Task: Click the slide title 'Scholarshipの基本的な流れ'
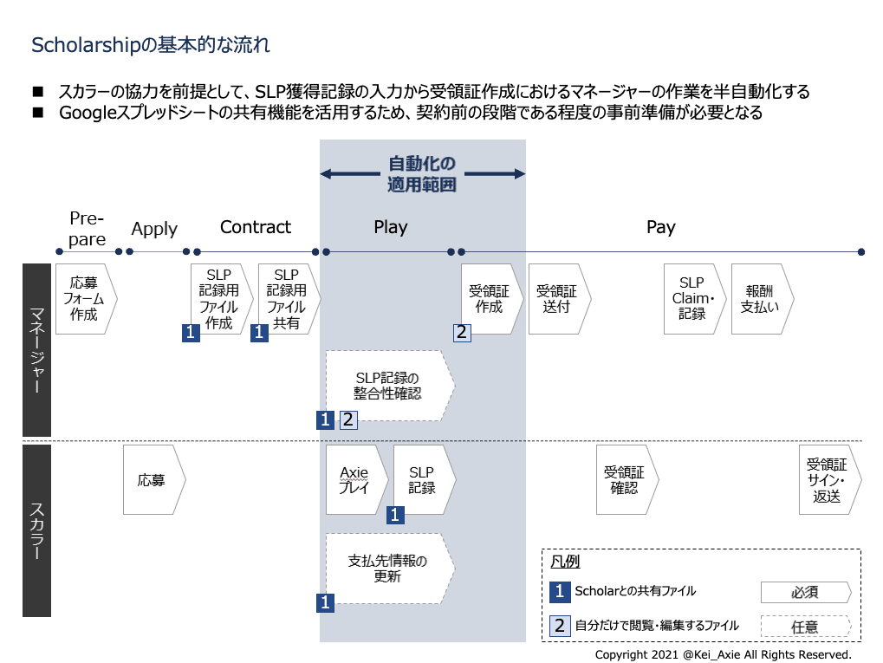(x=151, y=44)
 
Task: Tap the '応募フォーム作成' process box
(x=86, y=299)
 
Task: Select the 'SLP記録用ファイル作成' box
(x=222, y=299)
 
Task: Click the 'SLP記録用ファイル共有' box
(x=289, y=299)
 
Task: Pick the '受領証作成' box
(x=492, y=299)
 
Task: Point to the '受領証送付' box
(x=560, y=299)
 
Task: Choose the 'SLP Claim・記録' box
(x=695, y=299)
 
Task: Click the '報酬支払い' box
(x=763, y=299)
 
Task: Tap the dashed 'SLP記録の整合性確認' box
(x=390, y=386)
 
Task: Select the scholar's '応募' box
(x=154, y=480)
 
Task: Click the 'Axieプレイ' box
(x=357, y=480)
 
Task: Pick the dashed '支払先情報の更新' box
(x=390, y=569)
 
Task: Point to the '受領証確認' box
(x=627, y=480)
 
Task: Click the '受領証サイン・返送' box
(x=830, y=480)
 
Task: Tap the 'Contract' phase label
(x=256, y=227)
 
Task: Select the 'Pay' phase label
(x=661, y=228)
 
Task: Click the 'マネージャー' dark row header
(x=36, y=350)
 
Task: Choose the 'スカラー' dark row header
(x=36, y=530)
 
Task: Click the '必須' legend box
(x=806, y=593)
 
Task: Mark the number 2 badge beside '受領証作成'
(x=463, y=333)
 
